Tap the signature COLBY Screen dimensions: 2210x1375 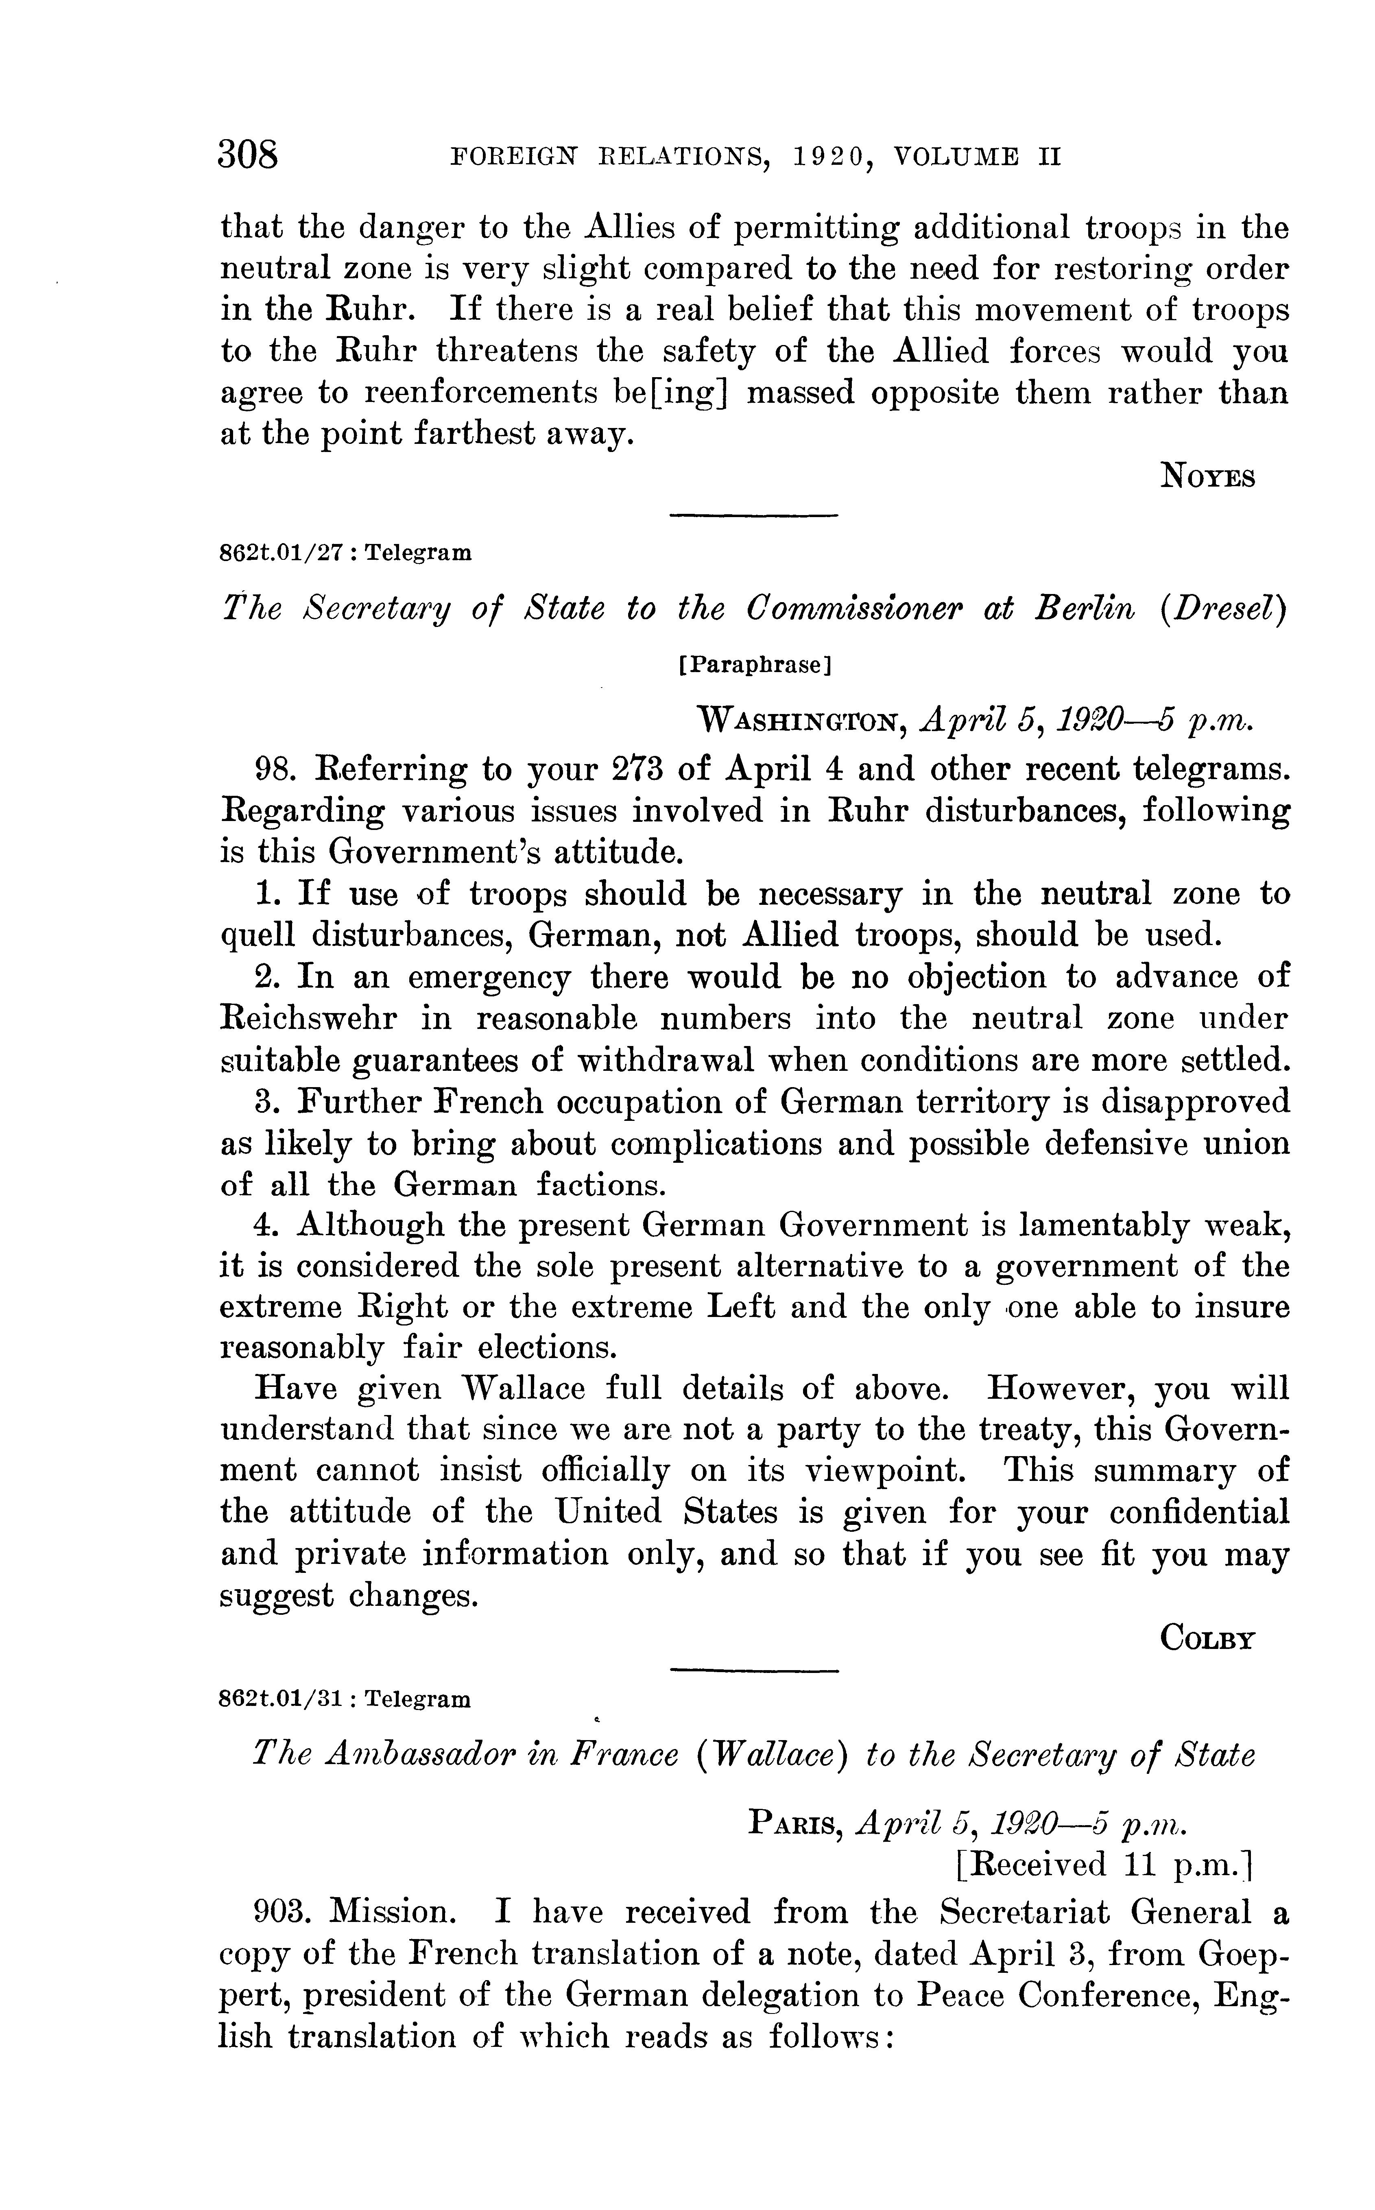pyautogui.click(x=1208, y=1638)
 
